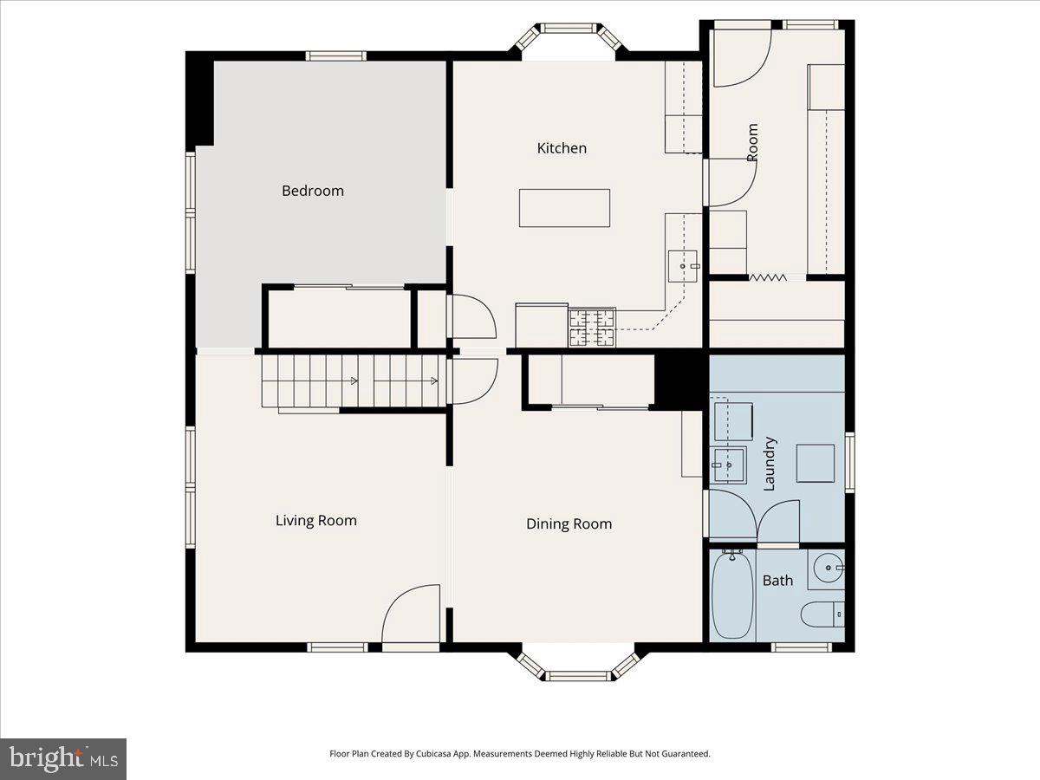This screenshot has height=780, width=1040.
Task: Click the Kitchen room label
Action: (562, 148)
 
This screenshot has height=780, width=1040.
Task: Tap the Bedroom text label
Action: (313, 191)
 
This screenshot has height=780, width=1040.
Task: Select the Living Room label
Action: (316, 521)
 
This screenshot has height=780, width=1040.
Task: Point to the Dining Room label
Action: (569, 524)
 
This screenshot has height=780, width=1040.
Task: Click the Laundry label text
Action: (769, 464)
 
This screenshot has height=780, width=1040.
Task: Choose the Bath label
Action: (777, 581)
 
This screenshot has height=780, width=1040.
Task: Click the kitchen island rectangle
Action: (564, 208)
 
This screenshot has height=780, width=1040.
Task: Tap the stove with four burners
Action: (592, 328)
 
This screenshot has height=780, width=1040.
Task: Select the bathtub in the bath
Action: (732, 595)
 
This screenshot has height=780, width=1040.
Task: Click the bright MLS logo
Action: (63, 759)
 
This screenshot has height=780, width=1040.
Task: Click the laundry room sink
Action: (729, 465)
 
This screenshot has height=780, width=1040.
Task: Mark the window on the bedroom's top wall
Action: (335, 56)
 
